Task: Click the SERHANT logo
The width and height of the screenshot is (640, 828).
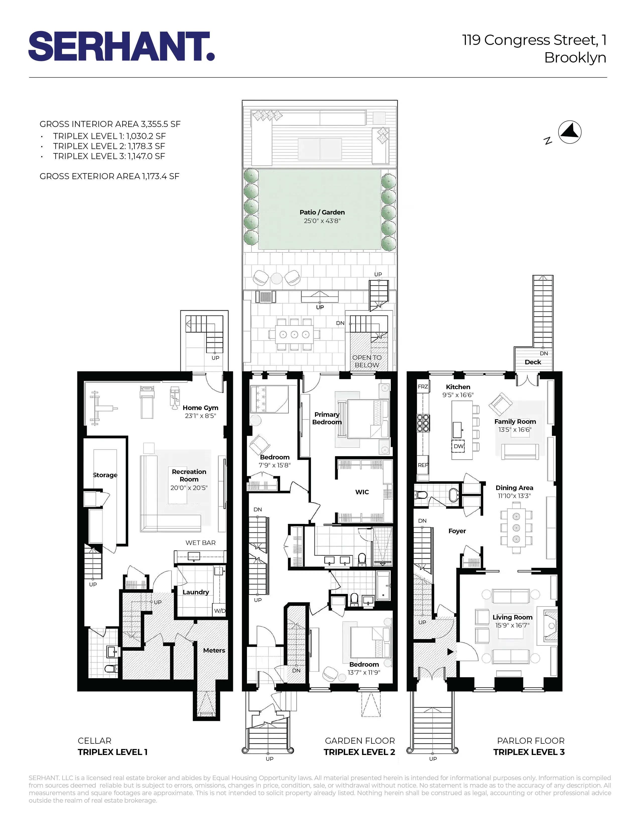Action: point(121,46)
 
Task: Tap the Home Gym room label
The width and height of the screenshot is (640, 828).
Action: point(200,407)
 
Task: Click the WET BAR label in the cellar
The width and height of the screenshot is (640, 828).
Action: point(200,542)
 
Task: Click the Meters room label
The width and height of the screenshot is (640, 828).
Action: point(214,650)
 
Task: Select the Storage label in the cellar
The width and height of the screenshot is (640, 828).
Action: point(105,475)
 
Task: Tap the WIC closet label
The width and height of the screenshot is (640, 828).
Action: point(362,492)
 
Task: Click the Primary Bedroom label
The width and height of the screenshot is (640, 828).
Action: point(327,418)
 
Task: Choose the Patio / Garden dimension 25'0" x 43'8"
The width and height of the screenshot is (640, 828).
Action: point(322,221)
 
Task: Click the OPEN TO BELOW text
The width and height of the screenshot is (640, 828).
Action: point(367,361)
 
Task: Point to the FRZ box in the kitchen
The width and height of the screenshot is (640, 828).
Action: point(423,387)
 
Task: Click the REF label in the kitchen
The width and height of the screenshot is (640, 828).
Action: point(423,465)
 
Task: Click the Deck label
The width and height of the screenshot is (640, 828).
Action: point(533,362)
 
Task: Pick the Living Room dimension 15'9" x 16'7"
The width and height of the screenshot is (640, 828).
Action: point(512,625)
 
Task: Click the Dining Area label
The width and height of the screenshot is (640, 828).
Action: point(514,488)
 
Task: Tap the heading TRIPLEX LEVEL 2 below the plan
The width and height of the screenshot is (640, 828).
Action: point(359,752)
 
